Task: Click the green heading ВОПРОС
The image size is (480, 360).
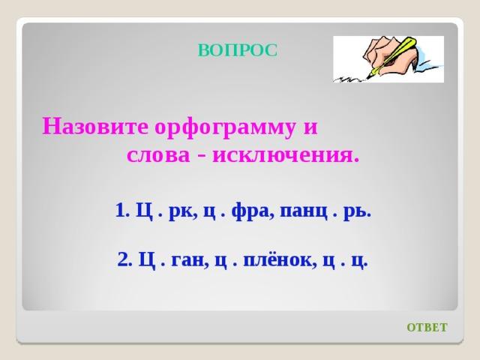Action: click(238, 50)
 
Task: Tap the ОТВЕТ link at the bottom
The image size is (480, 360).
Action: click(427, 328)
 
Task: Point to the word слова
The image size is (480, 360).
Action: click(158, 155)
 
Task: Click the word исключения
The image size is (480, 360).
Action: click(285, 155)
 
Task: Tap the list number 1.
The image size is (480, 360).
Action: click(122, 211)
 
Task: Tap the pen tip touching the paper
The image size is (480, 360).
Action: click(370, 76)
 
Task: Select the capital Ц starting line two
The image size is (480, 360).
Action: click(147, 260)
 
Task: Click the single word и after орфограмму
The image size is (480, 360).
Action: click(310, 128)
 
